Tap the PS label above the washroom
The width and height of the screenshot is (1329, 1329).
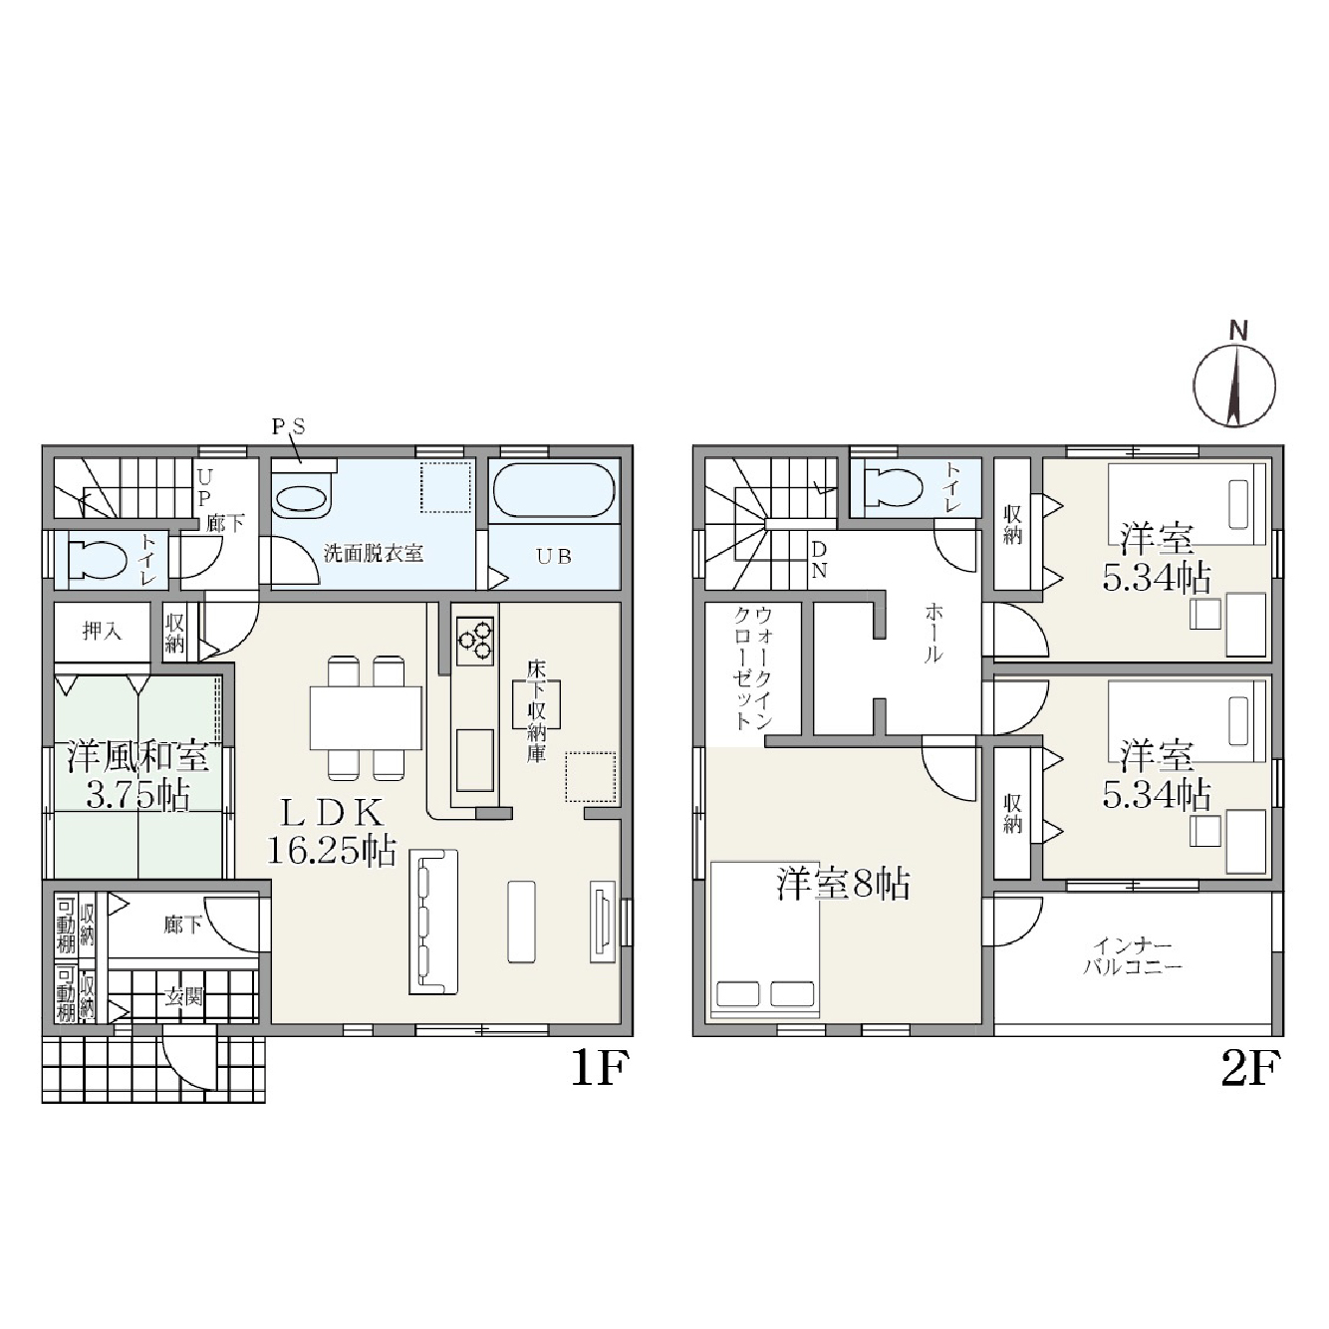pyautogui.click(x=288, y=427)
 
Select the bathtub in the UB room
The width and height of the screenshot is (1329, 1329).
pyautogui.click(x=554, y=490)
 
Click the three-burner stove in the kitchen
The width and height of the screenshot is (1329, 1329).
pyautogui.click(x=475, y=640)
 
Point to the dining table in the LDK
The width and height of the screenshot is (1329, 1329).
pyautogui.click(x=366, y=717)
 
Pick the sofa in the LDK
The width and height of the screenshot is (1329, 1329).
pyautogui.click(x=433, y=922)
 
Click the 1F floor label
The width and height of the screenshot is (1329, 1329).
pyautogui.click(x=598, y=1069)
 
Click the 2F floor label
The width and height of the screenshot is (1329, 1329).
pyautogui.click(x=1249, y=1069)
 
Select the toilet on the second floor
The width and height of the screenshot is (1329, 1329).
pyautogui.click(x=893, y=487)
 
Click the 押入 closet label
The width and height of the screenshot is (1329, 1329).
pyautogui.click(x=102, y=631)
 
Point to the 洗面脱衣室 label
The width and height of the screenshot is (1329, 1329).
pyautogui.click(x=374, y=553)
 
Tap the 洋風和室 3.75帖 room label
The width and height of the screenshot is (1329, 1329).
pyautogui.click(x=137, y=776)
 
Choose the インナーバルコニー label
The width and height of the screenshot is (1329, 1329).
pyautogui.click(x=1133, y=955)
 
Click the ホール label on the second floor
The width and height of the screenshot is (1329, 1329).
pyautogui.click(x=933, y=632)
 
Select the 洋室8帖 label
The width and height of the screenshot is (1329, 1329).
pyautogui.click(x=844, y=884)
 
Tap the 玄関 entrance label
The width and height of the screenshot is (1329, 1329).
pyautogui.click(x=183, y=996)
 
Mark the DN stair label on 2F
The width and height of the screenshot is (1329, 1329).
pyautogui.click(x=819, y=560)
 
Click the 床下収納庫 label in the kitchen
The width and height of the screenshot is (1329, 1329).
pyautogui.click(x=536, y=711)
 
